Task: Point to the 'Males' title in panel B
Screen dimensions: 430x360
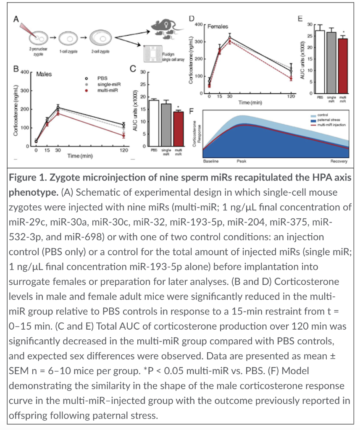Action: (x=44, y=74)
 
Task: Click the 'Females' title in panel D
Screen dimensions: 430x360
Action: (x=218, y=26)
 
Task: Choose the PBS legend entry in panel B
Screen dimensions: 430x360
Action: (x=102, y=78)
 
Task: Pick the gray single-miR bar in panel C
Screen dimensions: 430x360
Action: (x=166, y=125)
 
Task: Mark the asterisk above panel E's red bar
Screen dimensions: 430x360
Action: (x=344, y=32)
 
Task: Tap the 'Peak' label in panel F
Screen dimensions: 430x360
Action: (x=241, y=161)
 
